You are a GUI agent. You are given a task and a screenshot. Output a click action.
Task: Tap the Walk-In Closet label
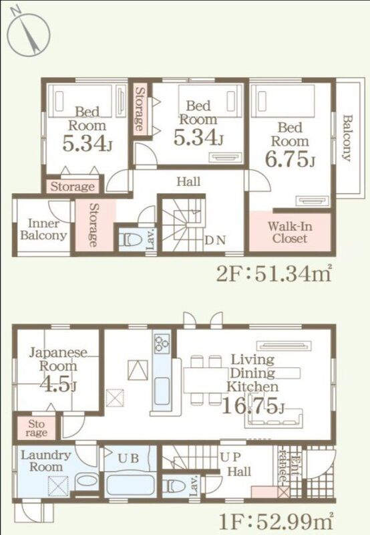pos(290,232)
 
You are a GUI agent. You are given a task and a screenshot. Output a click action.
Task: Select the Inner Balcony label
pos(43,229)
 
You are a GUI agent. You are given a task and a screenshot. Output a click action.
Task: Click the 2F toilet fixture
pos(130,239)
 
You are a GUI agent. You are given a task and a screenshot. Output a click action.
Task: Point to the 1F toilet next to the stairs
pos(174,486)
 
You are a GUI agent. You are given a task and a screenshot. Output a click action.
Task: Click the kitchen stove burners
pos(162,343)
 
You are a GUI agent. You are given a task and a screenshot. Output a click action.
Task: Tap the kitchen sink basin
pos(162,391)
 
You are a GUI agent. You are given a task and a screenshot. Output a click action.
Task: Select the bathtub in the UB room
pos(130,486)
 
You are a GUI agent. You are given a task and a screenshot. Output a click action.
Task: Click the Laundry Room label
pos(45,461)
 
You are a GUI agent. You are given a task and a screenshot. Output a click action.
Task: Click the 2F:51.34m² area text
pos(274,274)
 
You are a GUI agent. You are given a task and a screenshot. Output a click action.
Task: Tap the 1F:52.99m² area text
pos(275,521)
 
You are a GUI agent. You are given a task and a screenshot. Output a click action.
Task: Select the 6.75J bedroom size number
pos(290,160)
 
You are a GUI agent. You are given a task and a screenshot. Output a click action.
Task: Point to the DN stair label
pos(215,240)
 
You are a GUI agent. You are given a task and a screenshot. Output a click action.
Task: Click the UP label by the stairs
pos(230,457)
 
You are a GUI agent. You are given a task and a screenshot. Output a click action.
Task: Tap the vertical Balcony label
pos(347,138)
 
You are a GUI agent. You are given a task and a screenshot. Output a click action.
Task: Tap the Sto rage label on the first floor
pos(37,429)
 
